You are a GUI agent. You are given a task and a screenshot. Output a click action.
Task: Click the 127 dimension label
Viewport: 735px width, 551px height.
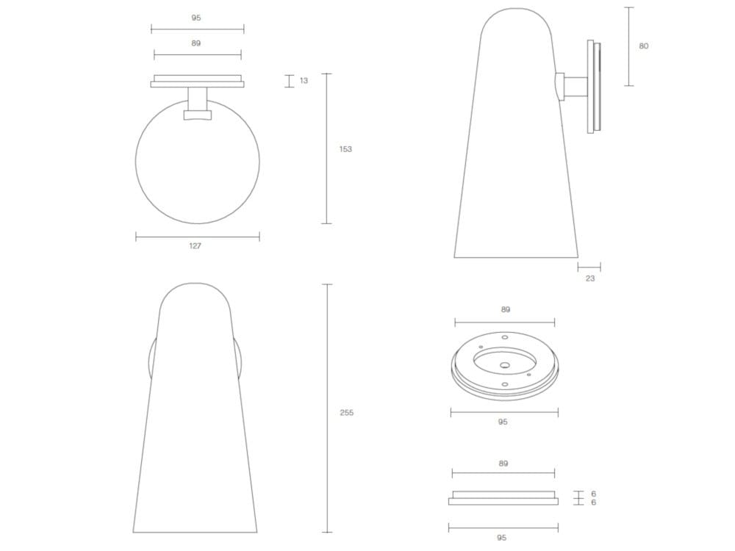(195, 245)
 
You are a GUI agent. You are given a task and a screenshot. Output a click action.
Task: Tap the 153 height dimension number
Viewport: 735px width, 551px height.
(345, 149)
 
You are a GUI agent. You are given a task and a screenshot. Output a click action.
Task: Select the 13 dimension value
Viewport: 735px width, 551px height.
(304, 81)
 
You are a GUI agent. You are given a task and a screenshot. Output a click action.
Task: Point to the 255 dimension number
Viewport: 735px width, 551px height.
(346, 413)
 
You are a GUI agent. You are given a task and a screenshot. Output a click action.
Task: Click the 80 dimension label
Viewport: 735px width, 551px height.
(644, 46)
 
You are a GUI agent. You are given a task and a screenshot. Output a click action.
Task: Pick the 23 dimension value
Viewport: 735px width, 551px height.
(590, 278)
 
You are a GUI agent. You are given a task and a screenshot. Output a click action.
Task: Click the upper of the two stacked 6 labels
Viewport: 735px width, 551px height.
(593, 494)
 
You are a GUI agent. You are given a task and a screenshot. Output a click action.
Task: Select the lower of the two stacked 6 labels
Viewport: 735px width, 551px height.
(593, 503)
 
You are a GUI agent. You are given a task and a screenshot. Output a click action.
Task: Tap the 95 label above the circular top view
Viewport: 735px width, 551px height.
(196, 18)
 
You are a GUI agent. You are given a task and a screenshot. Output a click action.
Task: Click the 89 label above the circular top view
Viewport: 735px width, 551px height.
(196, 43)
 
